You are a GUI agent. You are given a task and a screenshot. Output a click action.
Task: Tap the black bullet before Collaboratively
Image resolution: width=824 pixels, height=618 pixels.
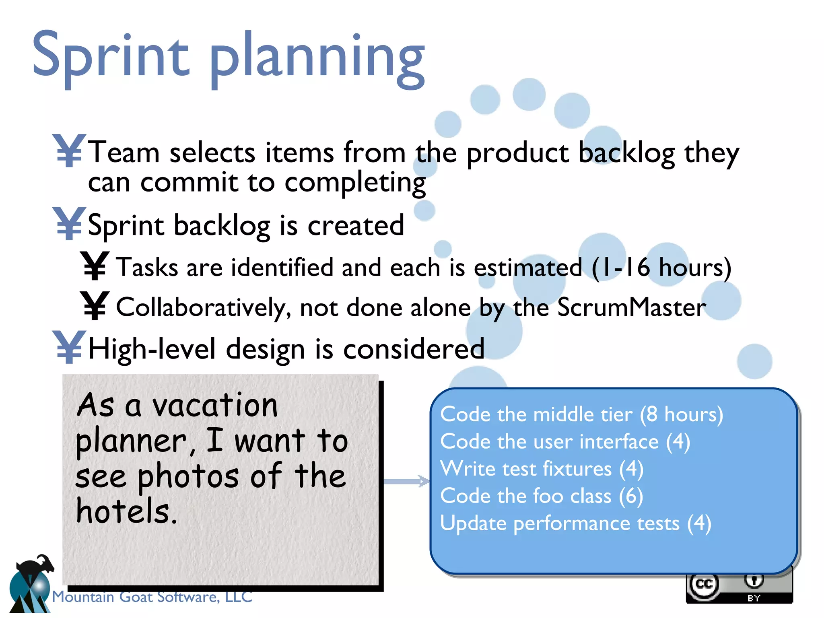click(95, 306)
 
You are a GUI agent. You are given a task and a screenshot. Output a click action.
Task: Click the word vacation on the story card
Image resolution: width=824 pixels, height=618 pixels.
click(215, 406)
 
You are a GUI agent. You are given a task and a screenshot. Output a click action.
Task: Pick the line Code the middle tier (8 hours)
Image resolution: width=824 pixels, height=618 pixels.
click(581, 414)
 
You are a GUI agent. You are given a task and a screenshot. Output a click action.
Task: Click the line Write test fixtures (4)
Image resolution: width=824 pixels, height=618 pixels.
click(542, 469)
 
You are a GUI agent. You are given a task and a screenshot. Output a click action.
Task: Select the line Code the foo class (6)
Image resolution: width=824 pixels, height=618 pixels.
click(542, 496)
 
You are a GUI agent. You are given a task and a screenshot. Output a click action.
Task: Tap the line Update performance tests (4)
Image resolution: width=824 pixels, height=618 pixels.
click(575, 523)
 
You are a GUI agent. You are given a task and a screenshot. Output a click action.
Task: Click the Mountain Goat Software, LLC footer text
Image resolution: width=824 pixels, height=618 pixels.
click(152, 597)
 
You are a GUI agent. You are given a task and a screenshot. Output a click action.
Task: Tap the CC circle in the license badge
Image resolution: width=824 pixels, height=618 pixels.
click(704, 584)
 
